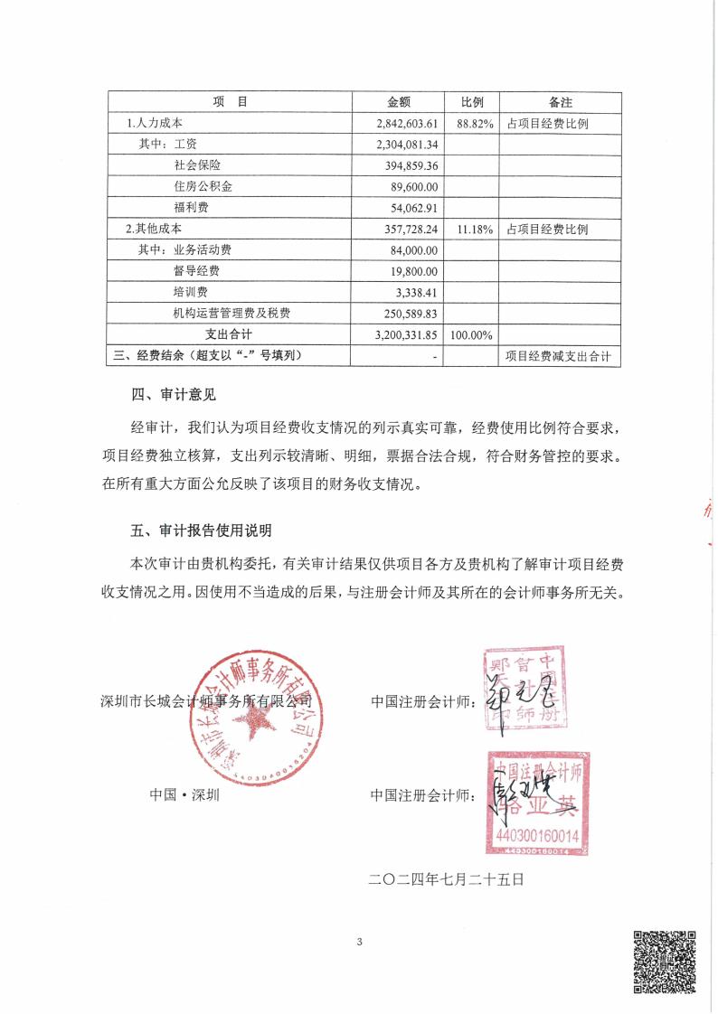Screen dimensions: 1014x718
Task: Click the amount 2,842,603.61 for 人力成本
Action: (x=406, y=124)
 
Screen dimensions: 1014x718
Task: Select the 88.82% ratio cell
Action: (x=475, y=124)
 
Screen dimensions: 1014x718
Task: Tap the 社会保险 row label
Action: (x=197, y=165)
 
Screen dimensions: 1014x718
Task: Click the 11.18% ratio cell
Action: (x=475, y=230)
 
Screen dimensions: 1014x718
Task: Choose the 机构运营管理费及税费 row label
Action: (x=231, y=313)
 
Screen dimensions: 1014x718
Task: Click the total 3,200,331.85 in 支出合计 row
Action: (x=406, y=334)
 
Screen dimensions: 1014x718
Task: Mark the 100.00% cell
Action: (x=471, y=334)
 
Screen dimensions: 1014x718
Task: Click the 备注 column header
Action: (x=561, y=102)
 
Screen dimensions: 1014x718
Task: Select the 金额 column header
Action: (x=399, y=102)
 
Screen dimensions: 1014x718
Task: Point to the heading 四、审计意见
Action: (x=174, y=394)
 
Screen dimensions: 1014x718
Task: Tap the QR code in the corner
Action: (x=664, y=961)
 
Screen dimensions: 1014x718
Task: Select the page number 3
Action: (x=359, y=943)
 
